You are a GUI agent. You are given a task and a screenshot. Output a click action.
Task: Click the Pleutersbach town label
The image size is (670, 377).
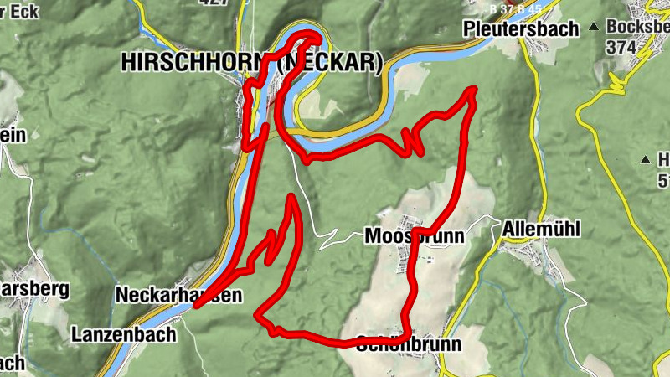[521, 29]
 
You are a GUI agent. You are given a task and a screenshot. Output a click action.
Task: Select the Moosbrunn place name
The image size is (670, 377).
[414, 237]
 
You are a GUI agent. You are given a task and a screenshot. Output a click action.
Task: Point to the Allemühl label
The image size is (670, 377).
[542, 229]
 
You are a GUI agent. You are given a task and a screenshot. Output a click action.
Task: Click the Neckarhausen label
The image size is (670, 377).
[178, 296]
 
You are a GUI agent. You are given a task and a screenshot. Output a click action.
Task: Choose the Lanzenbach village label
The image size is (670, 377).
[124, 334]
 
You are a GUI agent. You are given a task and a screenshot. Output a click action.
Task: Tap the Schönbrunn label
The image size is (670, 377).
[409, 344]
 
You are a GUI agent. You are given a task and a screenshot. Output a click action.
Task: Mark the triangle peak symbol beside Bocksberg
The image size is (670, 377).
[594, 27]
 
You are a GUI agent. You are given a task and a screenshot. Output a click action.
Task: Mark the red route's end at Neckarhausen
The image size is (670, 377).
[197, 306]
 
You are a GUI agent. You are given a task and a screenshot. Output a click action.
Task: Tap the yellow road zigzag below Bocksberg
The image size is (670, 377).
[620, 82]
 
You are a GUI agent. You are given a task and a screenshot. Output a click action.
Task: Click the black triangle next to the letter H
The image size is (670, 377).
[645, 159]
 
